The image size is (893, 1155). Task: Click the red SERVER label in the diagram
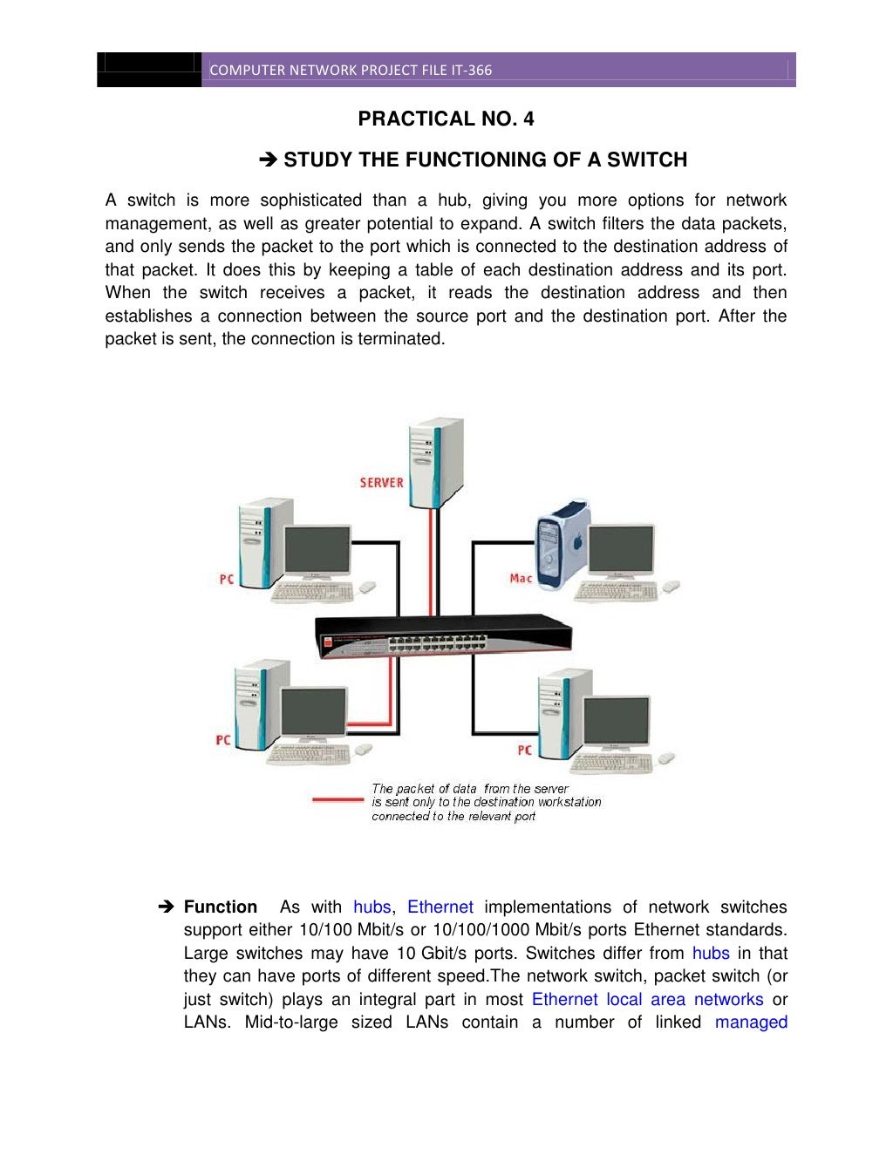(381, 482)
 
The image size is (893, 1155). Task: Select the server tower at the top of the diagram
(436, 462)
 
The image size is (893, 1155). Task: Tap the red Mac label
(521, 578)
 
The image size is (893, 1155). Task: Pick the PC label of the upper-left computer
(226, 579)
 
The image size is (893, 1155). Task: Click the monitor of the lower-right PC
(616, 722)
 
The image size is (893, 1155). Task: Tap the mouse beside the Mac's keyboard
(671, 587)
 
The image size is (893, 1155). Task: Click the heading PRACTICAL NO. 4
(446, 119)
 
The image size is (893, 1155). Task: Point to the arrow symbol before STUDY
(268, 160)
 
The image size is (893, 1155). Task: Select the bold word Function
(220, 907)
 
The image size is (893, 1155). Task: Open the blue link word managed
(751, 1022)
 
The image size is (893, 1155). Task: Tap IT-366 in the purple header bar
(471, 71)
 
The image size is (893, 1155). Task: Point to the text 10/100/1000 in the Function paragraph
(481, 929)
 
